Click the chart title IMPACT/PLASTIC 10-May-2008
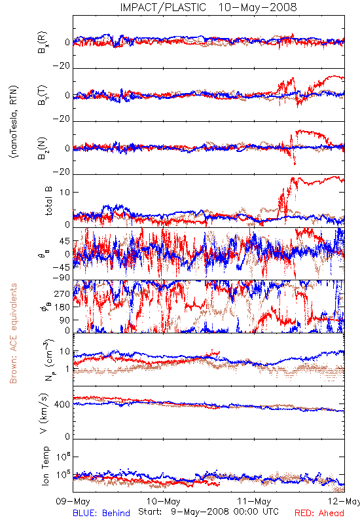coord(208,7)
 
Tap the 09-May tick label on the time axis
coord(73,501)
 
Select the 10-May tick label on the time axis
coord(164,501)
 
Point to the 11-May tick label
coord(254,501)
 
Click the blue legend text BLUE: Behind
coord(101,513)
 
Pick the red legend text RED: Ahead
coord(319,513)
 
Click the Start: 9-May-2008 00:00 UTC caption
coord(208,512)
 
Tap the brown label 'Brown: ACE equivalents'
coord(13,333)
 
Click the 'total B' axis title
coord(48,201)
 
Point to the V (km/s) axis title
coord(44,413)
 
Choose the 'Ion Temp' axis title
coord(45,466)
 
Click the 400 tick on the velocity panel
coord(62,404)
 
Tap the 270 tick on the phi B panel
coord(62,293)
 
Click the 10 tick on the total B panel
coord(65,193)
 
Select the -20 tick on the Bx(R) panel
coord(62,66)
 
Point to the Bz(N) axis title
coord(43,148)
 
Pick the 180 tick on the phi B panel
coord(62,307)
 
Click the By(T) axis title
coord(43,95)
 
